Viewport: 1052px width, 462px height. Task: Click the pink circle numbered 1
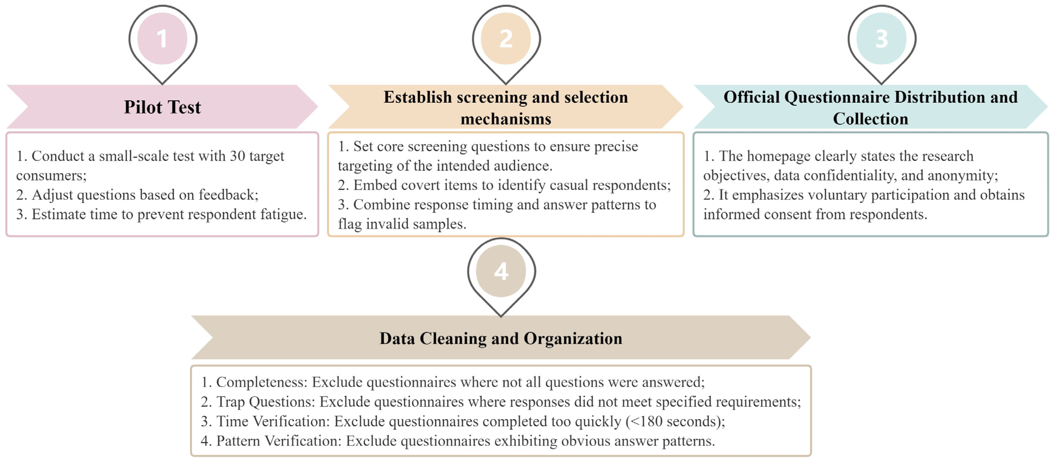[x=162, y=39]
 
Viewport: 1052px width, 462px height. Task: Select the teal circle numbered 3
[x=881, y=39]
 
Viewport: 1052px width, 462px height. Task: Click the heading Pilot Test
[x=162, y=107]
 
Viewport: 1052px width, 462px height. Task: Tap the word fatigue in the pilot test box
[x=283, y=214]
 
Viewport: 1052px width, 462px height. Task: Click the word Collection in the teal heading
[x=870, y=119]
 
